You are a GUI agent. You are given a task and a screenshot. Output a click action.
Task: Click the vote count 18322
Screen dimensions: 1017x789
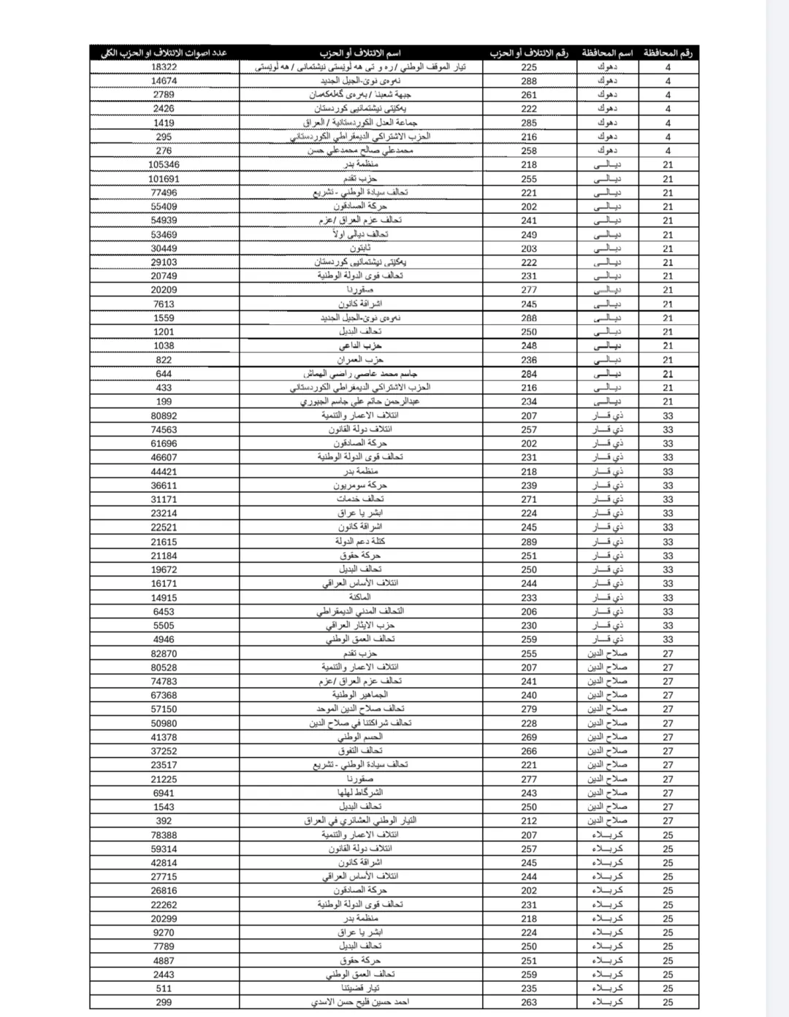(164, 67)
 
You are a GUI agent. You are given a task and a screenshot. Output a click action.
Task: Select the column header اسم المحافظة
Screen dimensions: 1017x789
(607, 53)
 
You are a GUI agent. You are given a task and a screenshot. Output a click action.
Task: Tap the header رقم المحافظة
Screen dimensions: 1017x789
(668, 53)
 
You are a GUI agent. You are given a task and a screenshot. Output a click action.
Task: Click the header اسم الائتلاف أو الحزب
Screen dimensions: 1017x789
(360, 53)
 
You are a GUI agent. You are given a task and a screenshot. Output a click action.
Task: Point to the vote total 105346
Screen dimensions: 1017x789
(164, 165)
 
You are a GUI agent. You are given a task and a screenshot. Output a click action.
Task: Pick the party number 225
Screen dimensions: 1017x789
(529, 67)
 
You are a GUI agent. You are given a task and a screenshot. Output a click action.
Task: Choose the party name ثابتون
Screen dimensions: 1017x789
(360, 248)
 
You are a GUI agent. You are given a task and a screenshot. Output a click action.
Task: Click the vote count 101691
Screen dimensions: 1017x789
(164, 179)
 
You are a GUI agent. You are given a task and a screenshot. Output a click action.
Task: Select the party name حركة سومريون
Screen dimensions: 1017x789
(360, 486)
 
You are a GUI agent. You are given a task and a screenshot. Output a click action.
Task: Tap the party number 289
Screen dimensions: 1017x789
(529, 542)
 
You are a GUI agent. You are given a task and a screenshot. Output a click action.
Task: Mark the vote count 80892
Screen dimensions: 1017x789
(164, 416)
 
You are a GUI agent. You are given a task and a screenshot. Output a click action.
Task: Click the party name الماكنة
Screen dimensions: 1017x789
(360, 597)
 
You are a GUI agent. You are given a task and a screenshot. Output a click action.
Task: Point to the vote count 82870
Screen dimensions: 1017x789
(164, 653)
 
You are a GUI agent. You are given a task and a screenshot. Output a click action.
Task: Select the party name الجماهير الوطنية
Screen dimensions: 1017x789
(360, 695)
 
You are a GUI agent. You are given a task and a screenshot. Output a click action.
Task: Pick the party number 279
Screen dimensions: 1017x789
(529, 709)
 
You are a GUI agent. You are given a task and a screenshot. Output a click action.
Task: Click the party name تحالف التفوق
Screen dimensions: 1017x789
(360, 751)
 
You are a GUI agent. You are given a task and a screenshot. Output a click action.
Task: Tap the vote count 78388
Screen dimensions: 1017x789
(164, 835)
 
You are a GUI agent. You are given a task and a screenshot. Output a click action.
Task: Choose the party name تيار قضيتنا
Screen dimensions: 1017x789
(360, 989)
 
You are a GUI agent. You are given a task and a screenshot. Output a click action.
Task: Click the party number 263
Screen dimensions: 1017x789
(529, 1002)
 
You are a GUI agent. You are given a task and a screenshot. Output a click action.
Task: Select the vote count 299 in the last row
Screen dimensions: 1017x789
(164, 1002)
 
